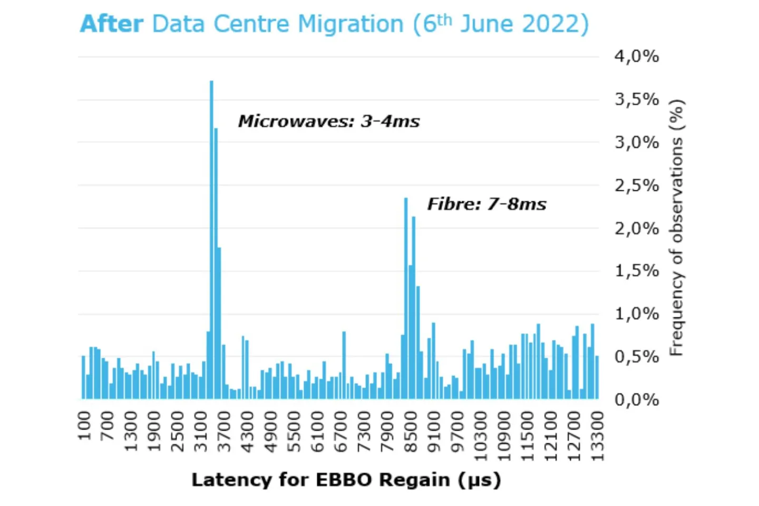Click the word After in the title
(x=112, y=24)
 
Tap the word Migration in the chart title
(x=350, y=24)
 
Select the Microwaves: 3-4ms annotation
(x=329, y=121)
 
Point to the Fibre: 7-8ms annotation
(x=486, y=204)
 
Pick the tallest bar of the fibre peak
(x=406, y=298)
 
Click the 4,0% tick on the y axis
(x=637, y=56)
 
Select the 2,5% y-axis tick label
(x=637, y=186)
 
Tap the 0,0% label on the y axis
(x=637, y=400)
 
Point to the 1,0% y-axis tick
(x=637, y=314)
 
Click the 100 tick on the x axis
(x=84, y=426)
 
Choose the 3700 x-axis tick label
(x=225, y=432)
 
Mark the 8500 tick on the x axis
(x=411, y=432)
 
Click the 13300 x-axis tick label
(x=597, y=436)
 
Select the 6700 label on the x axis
(x=341, y=432)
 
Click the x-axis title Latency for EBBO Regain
(x=346, y=480)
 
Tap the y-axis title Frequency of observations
(x=676, y=228)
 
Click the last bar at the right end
(x=597, y=377)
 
